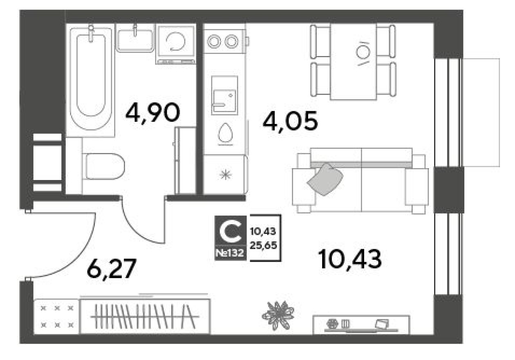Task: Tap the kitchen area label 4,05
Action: pyautogui.click(x=290, y=121)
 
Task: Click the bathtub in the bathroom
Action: pyautogui.click(x=90, y=78)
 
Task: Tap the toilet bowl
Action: pyautogui.click(x=104, y=166)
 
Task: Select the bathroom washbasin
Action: pyautogui.click(x=135, y=39)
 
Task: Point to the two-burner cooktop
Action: pyautogui.click(x=223, y=41)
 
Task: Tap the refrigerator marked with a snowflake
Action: pyautogui.click(x=225, y=175)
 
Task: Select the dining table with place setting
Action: pyautogui.click(x=353, y=61)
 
